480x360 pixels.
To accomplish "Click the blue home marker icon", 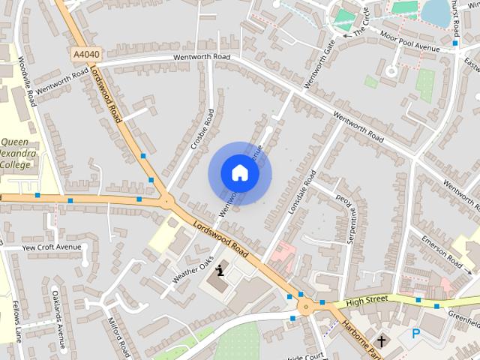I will pyautogui.click(x=240, y=173).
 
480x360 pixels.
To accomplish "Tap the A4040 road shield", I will pyautogui.click(x=87, y=54).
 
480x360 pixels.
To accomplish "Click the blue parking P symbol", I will pyautogui.click(x=416, y=333).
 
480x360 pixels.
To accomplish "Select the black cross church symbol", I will pyautogui.click(x=382, y=341).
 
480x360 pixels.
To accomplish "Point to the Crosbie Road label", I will pyautogui.click(x=202, y=129).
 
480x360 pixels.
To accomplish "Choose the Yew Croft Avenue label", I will pyautogui.click(x=52, y=247).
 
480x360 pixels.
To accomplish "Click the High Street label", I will pyautogui.click(x=367, y=301).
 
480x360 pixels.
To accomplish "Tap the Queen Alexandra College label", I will pyautogui.click(x=16, y=153).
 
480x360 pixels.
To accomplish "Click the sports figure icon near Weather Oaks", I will pyautogui.click(x=220, y=271).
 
